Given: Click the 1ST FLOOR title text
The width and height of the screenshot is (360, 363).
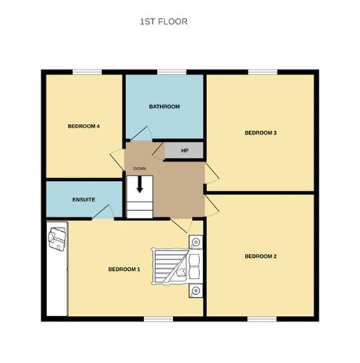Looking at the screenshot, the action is pos(164,22).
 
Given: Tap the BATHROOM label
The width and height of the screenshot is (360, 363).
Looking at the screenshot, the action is pos(164,107).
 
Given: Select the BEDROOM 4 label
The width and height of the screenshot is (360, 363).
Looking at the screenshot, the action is pos(84,126).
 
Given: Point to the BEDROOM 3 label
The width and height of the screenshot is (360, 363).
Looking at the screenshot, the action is pos(261,133).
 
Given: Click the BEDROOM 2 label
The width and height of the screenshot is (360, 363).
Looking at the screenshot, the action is pos(261,256).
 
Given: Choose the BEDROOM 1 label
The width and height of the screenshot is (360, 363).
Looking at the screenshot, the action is pos(124,270).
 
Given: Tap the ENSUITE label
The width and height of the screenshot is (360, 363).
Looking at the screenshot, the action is pos(84,199).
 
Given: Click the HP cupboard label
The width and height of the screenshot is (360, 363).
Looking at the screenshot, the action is pos(185,151).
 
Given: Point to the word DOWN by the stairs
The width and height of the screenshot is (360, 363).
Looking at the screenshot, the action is pos(140,169).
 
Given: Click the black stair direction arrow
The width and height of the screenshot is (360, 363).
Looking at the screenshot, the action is pos(140,185).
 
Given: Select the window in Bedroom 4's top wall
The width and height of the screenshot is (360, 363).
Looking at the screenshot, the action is pos(87,72).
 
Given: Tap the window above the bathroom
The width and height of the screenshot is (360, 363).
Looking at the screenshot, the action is pos(172,72).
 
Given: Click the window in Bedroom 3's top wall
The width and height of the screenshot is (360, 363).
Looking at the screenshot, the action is pos(263,72).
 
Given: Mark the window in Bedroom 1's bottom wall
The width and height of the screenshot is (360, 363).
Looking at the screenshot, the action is pos(159,319).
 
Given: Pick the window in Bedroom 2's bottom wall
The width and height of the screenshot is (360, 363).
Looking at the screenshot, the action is pos(262,319).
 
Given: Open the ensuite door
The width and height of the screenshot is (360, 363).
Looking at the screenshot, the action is pos(103,212).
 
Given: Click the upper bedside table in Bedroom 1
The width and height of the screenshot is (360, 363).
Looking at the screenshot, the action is pos(196,242).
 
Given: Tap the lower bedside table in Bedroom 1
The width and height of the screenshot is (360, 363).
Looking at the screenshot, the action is pos(196,291).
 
